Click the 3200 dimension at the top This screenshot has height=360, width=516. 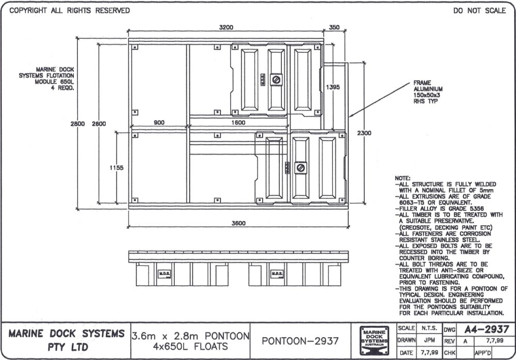226,27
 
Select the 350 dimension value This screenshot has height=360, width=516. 334,27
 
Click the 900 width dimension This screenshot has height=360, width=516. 159,122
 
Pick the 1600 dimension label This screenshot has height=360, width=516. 238,122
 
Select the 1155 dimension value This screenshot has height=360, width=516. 116,167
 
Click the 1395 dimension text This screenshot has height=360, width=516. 333,88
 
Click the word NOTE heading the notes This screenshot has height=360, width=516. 402,178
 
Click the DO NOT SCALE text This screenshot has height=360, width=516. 479,10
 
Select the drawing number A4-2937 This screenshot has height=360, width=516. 487,329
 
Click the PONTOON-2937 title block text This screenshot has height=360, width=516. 300,341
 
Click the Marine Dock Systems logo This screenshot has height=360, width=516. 375,341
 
